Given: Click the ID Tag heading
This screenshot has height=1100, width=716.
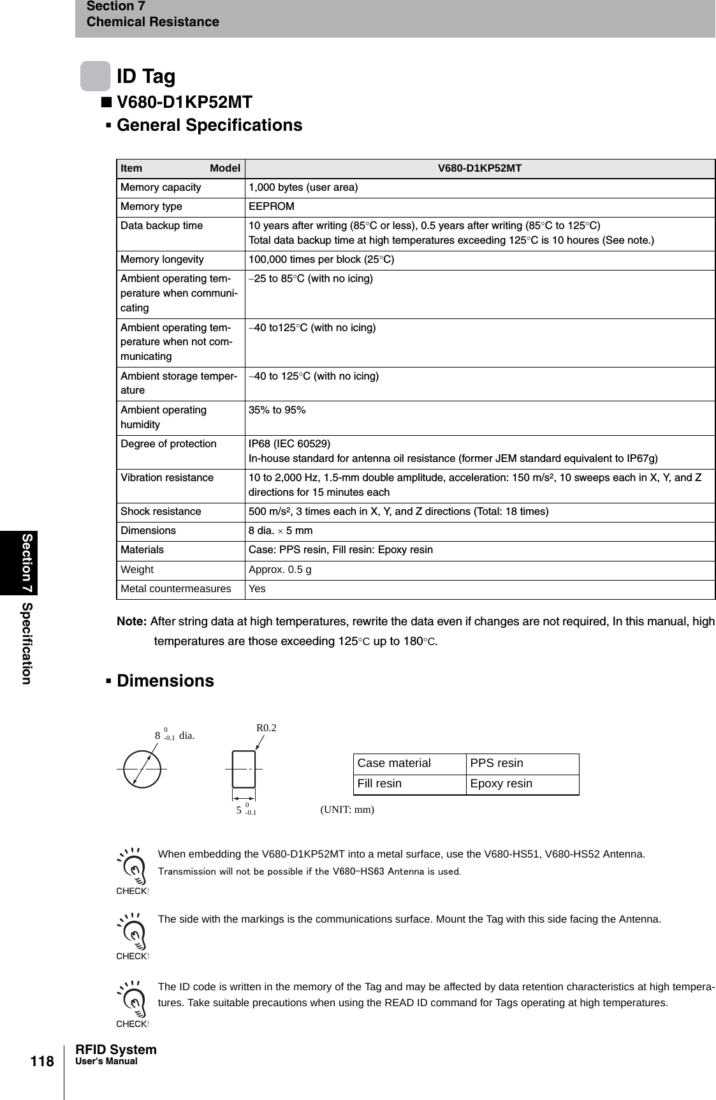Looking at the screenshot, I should [x=146, y=77].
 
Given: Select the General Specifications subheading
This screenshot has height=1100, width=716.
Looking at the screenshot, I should [x=209, y=125].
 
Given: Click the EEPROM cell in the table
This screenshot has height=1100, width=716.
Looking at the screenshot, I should [x=272, y=207].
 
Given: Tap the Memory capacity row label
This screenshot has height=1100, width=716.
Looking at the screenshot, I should [x=161, y=188].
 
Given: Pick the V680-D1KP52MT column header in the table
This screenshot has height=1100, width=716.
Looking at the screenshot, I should [x=479, y=168].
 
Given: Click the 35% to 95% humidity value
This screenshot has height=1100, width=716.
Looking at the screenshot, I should [x=277, y=410].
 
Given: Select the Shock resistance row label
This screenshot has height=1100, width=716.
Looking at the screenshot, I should [x=161, y=512].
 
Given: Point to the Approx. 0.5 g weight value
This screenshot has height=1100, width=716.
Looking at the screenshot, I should [x=280, y=570].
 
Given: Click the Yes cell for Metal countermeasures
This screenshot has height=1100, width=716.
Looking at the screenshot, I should [x=257, y=589].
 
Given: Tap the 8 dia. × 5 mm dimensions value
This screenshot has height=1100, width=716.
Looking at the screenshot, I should [x=281, y=531].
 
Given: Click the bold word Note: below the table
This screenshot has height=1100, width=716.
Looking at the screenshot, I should [x=132, y=621].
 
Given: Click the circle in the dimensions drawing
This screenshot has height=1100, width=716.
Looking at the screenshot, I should [x=142, y=769].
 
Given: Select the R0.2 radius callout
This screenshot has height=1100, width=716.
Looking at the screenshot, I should [x=267, y=728].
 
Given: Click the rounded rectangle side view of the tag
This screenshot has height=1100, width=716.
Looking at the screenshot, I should [x=244, y=769].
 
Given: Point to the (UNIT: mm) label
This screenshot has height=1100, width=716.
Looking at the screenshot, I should [x=347, y=810].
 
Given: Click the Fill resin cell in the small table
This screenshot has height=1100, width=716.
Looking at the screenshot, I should [x=379, y=784].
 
